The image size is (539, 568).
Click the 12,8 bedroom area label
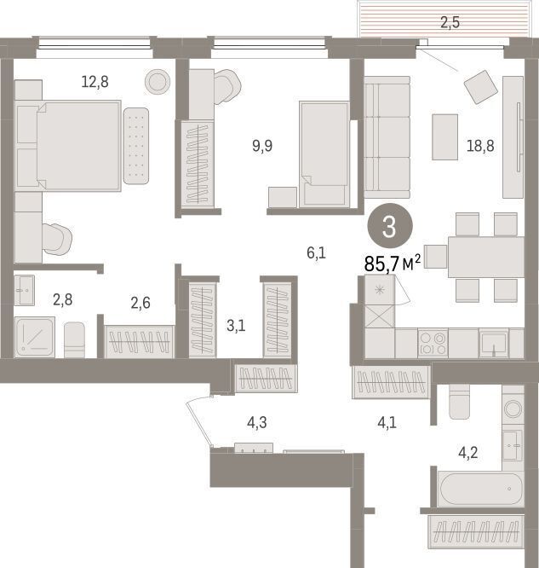point(95,82)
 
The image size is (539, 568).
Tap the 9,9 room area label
point(262,146)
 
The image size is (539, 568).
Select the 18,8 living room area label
point(480,146)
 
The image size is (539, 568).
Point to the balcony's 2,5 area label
point(450,22)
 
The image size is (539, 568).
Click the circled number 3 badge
point(390,226)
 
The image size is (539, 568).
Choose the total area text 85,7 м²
point(393,264)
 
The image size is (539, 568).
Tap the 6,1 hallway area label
point(316,252)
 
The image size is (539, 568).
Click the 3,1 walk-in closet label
point(236,326)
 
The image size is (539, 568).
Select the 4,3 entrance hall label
point(257,422)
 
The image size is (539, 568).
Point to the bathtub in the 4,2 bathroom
point(481,489)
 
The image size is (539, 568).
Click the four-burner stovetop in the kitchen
point(433,344)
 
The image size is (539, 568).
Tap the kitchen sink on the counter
point(493,344)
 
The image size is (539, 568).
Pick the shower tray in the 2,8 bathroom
point(35,337)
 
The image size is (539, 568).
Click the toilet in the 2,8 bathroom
point(75,339)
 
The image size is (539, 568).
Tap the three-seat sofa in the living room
point(387,137)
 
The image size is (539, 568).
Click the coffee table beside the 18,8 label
point(445,137)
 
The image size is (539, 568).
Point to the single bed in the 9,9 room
point(324,154)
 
